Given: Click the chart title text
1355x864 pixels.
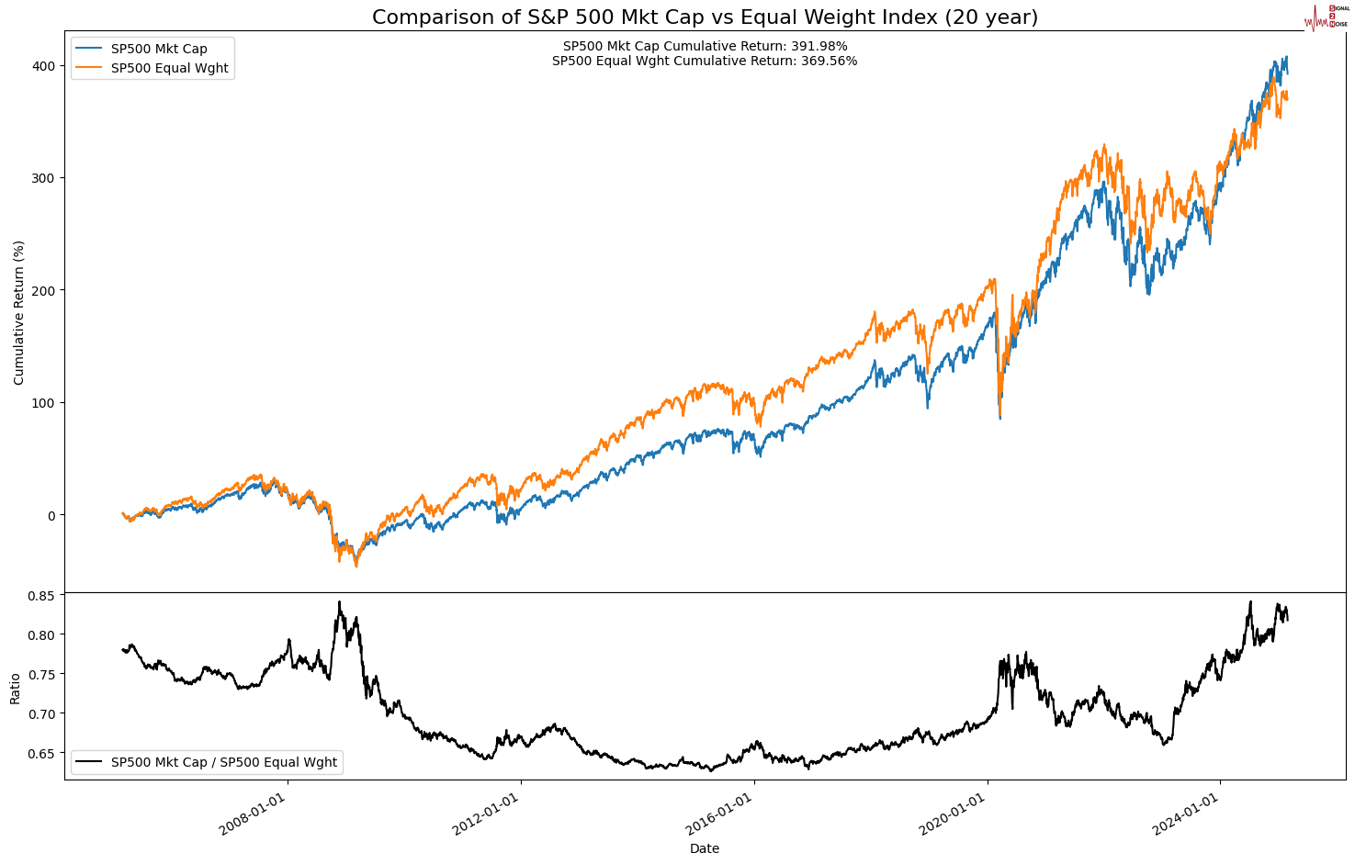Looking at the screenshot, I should tap(705, 17).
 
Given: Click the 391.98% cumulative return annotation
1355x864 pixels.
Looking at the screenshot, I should tap(705, 46).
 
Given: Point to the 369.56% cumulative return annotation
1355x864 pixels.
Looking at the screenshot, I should tap(705, 62).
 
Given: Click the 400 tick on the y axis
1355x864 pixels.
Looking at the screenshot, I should tap(44, 66).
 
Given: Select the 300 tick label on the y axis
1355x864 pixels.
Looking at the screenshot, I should tap(44, 178).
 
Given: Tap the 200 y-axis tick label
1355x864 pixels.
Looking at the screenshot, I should tap(44, 290).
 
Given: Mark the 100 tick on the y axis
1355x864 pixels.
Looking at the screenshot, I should tap(44, 403).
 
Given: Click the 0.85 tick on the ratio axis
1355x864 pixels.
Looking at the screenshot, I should tap(40, 595).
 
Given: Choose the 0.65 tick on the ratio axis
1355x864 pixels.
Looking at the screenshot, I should tap(40, 754).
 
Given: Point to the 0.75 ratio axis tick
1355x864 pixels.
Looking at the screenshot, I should tap(40, 675).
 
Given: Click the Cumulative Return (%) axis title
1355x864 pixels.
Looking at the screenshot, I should tap(19, 312).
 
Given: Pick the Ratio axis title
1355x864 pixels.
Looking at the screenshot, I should tap(16, 688).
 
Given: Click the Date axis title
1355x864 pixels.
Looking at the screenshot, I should tap(705, 849).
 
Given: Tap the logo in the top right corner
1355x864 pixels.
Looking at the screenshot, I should tap(1327, 17).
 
